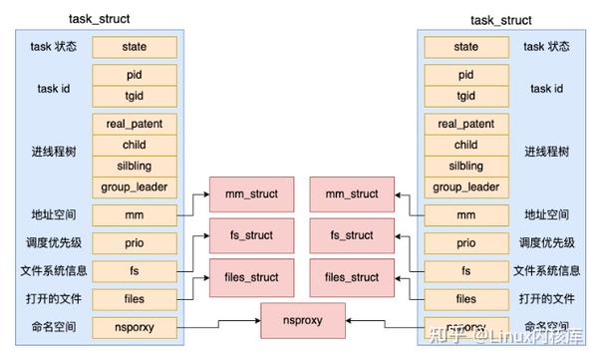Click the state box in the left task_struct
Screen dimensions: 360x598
[x=134, y=46]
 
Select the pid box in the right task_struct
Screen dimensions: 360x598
[x=465, y=75]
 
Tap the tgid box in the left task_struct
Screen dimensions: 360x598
[x=134, y=96]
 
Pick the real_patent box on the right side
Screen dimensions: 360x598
[x=465, y=124]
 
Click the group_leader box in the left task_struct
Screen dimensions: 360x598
[x=134, y=186]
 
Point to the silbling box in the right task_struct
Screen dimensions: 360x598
[x=465, y=166]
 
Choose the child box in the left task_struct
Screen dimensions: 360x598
[x=134, y=145]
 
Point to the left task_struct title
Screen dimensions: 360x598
[x=101, y=19]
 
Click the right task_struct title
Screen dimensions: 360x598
[x=501, y=19]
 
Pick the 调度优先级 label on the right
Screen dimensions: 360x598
[x=549, y=242]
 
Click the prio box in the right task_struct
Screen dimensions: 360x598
[x=465, y=242]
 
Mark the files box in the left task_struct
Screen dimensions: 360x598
[x=134, y=299]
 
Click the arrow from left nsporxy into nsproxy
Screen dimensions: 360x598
[x=219, y=325]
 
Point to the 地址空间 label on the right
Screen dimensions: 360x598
[x=549, y=214]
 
